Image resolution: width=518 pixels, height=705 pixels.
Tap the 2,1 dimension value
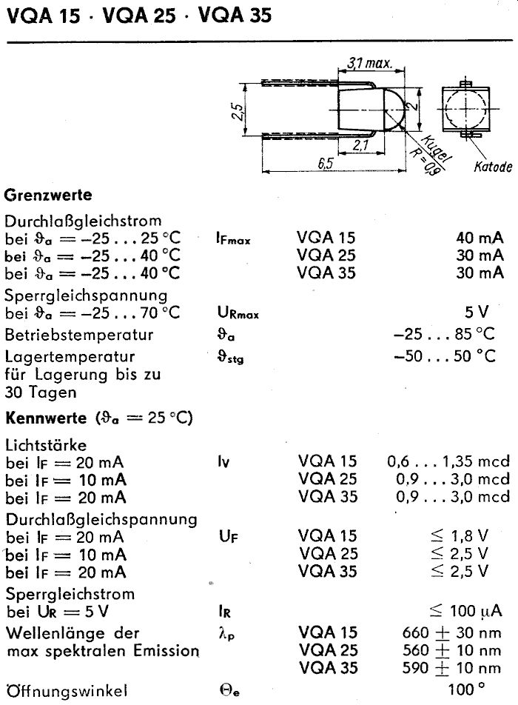coord(361,146)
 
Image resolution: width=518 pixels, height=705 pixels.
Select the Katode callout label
coord(493,167)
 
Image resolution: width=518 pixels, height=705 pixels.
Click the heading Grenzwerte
coord(48,196)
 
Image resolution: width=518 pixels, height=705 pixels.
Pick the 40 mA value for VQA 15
coord(480,238)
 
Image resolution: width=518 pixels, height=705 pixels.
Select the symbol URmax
coord(233,314)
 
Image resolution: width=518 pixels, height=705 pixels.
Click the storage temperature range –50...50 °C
coord(445,356)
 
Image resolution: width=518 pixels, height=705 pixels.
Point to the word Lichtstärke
coord(46,445)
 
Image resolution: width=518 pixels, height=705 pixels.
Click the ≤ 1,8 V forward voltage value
coord(460,535)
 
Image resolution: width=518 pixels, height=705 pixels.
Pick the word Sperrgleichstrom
coord(59,594)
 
